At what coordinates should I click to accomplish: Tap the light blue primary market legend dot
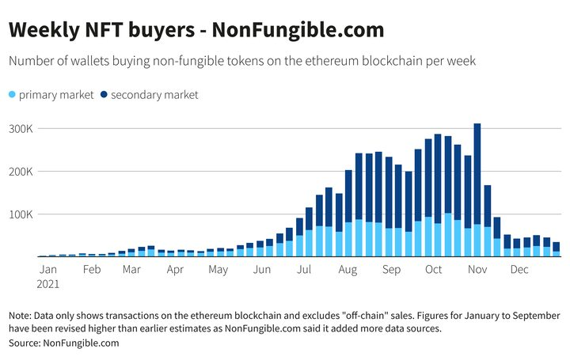(x=13, y=95)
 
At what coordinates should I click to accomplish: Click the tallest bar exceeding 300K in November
(x=477, y=190)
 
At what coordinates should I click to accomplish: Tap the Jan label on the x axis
(x=47, y=269)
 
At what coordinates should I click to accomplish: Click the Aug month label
(x=347, y=269)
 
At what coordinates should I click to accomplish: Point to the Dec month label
(x=519, y=269)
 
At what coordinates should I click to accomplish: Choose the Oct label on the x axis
(x=433, y=269)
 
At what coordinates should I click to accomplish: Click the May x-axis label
(x=218, y=269)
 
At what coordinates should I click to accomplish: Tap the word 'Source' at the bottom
(x=24, y=343)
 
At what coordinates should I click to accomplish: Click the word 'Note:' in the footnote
(x=22, y=316)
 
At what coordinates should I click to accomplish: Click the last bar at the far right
(x=557, y=249)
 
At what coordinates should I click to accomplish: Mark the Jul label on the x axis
(x=302, y=269)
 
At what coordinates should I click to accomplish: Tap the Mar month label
(x=131, y=269)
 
